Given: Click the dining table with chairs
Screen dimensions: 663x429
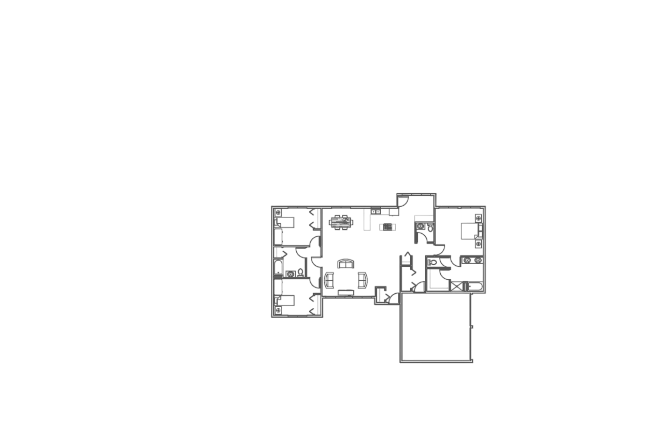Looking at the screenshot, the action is (x=340, y=222).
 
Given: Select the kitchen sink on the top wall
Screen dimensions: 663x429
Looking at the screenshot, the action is (x=376, y=210).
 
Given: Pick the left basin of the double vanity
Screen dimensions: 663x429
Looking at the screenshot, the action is (x=468, y=260).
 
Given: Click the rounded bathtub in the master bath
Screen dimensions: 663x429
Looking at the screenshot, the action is (x=474, y=286).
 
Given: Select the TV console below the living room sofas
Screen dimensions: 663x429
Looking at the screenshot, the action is (x=345, y=292).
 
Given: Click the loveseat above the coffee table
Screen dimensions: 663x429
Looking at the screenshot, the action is (x=345, y=265).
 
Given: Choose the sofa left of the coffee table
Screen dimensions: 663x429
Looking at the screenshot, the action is (x=328, y=280).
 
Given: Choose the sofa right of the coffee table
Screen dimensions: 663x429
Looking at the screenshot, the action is (x=362, y=280).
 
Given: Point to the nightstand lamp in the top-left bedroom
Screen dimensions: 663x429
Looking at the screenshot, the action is (x=278, y=212).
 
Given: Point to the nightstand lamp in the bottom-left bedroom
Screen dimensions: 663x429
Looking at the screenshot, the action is (x=278, y=310).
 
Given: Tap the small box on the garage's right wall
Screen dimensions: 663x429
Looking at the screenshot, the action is (x=471, y=326).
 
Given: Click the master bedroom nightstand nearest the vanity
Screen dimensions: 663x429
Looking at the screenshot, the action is (x=479, y=244).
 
